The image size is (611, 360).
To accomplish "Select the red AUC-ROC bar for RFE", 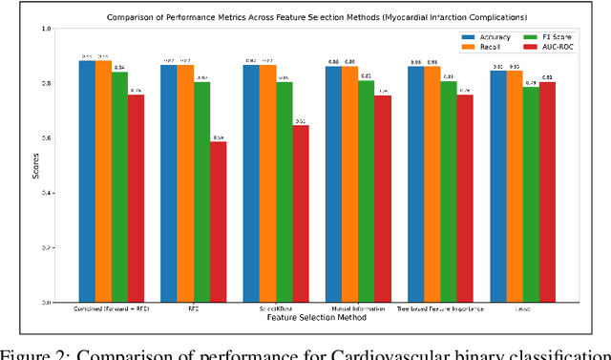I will pos(219,222).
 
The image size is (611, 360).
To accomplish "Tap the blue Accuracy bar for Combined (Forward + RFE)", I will pos(87,181).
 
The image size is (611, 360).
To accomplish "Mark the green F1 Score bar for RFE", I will pos(201,192).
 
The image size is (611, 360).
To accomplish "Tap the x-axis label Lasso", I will pos(522,308).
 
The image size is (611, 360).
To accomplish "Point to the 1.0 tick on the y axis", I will pos(58,30).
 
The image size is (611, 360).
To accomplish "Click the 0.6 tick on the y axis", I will pos(58,138).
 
